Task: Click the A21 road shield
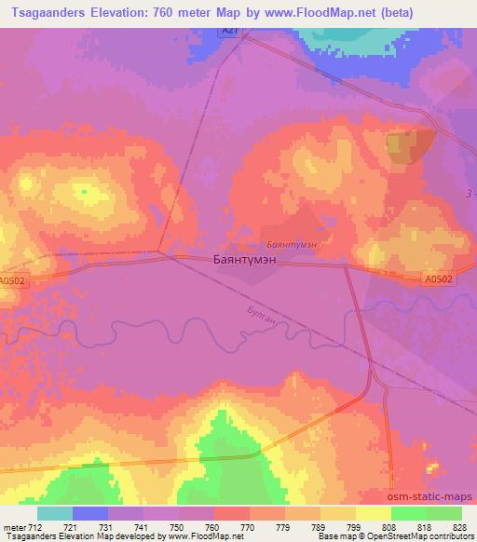[228, 31]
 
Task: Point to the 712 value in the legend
[35, 526]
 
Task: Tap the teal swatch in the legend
[55, 513]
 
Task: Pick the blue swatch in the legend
[90, 513]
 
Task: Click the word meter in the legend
[13, 526]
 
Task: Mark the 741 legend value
[143, 526]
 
